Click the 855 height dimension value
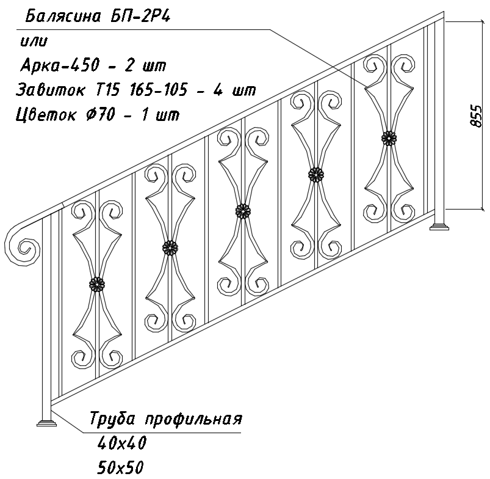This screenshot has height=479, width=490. (x=476, y=116)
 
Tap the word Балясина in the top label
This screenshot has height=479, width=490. (x=62, y=17)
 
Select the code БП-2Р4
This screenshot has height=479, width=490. (x=140, y=16)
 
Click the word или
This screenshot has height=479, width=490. (x=34, y=42)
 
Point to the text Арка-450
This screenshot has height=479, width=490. (x=60, y=65)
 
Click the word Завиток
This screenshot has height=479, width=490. (x=50, y=89)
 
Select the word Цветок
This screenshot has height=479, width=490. (x=46, y=114)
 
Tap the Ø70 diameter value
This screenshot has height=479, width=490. (x=101, y=114)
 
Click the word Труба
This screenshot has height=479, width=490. (x=113, y=419)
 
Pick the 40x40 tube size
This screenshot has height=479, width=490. (x=122, y=443)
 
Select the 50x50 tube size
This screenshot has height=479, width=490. (x=120, y=467)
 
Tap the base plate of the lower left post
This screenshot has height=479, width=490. (x=47, y=423)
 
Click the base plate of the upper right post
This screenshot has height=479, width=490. (x=439, y=227)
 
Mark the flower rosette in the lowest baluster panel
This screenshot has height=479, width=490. (x=97, y=284)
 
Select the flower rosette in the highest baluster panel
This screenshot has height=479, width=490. (x=389, y=138)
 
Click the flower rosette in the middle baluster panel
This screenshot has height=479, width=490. (x=243, y=212)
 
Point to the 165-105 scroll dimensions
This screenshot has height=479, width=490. (x=159, y=90)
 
